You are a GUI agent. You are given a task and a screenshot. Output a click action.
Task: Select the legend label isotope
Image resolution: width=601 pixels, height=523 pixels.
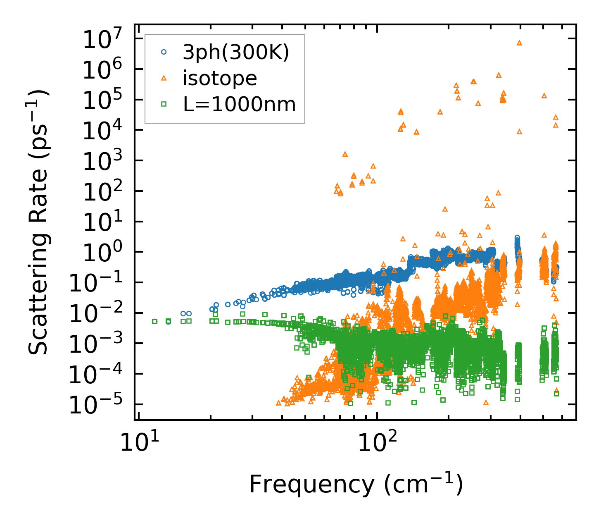point(220,78)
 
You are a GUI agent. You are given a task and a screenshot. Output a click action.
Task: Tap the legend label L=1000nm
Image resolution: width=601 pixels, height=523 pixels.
point(240,105)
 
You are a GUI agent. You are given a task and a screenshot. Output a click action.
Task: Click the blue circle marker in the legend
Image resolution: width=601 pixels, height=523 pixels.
point(164,52)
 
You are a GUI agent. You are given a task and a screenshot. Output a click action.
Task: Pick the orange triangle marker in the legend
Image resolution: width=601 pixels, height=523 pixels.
point(164,78)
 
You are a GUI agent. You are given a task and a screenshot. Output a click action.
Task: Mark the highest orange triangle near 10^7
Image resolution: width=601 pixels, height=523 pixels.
point(520,43)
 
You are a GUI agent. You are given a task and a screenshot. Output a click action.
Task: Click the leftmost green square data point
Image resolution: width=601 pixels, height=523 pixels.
point(154,321)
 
